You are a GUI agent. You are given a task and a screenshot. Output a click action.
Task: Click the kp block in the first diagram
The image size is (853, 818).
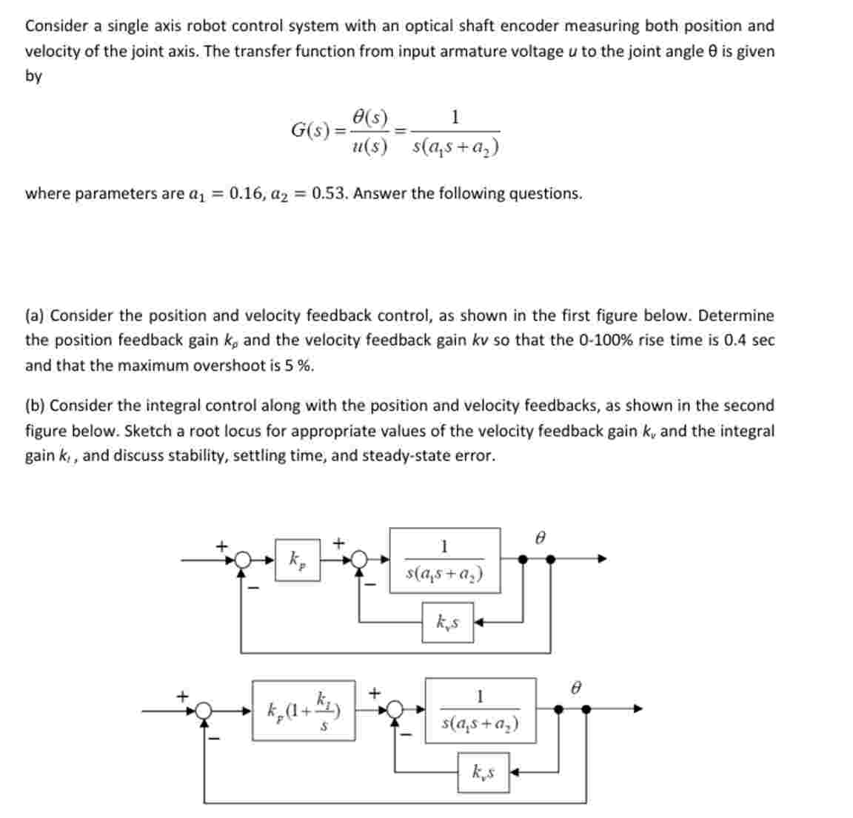[x=298, y=560]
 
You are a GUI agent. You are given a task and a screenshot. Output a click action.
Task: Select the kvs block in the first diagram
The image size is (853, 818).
[x=447, y=623]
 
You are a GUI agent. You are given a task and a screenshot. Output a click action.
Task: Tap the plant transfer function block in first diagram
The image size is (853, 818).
[x=445, y=560]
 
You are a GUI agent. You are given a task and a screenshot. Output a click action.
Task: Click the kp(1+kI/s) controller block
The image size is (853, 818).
[x=304, y=710]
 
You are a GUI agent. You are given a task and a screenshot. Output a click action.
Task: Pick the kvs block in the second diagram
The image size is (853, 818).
[x=483, y=774]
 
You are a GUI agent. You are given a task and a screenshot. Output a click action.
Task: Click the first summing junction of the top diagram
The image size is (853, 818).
[x=242, y=560]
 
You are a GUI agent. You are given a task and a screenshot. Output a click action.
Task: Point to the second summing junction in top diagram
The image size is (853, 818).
[x=361, y=560]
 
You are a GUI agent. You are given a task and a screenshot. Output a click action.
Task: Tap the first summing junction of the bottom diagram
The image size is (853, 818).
[x=205, y=711]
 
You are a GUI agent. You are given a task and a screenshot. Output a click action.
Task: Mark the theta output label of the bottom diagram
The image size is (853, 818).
[x=575, y=688]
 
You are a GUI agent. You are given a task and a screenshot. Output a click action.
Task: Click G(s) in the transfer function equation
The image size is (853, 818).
[x=310, y=130]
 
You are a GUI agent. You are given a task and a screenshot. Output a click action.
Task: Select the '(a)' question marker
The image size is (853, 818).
[x=35, y=316]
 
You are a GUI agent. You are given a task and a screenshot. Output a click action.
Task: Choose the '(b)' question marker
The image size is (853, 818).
[x=35, y=406]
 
